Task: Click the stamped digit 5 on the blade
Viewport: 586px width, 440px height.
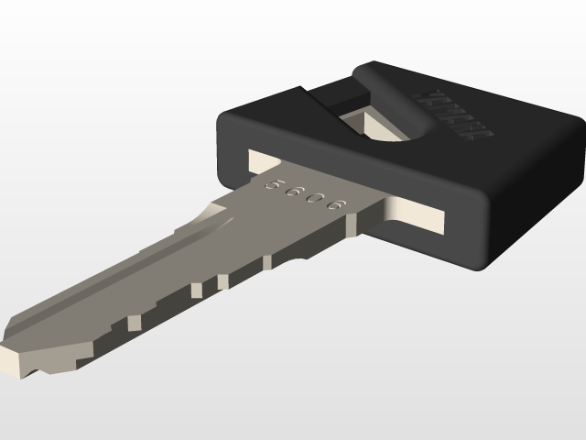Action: click(271, 183)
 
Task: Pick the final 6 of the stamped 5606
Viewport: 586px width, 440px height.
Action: click(338, 205)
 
